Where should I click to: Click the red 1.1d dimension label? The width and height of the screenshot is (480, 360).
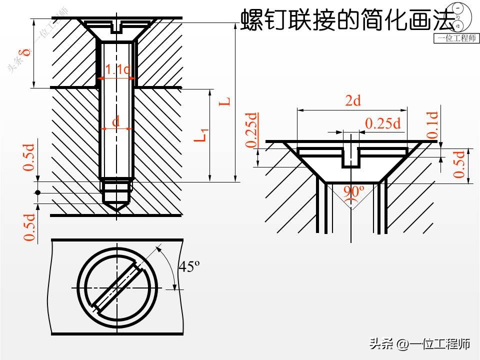click(x=117, y=70)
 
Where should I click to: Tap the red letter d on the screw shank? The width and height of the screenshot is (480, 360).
click(x=116, y=121)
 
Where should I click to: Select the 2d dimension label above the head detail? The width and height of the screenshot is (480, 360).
click(x=353, y=101)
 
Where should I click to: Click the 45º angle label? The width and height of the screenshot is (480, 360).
click(x=189, y=267)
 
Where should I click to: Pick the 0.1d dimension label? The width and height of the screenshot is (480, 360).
click(x=432, y=125)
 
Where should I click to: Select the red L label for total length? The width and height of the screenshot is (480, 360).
click(x=226, y=100)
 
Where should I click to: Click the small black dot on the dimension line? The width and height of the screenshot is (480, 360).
click(x=37, y=193)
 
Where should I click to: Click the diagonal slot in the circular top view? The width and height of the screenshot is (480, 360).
click(x=116, y=288)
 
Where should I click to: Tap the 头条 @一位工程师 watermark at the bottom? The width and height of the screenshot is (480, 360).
click(x=420, y=344)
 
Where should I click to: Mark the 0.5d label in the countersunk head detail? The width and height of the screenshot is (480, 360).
click(x=459, y=164)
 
